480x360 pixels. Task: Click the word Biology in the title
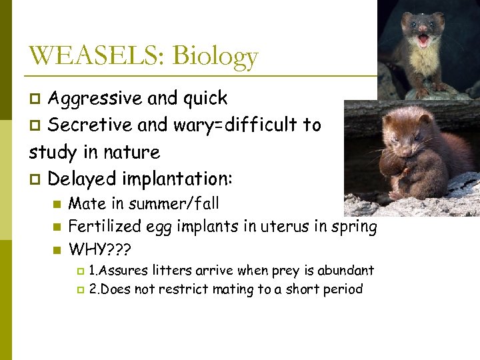tap(215, 57)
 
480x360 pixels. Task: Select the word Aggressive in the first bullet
tap(95, 99)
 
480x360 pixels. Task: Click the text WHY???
tap(101, 250)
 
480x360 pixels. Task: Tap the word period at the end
tap(343, 290)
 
